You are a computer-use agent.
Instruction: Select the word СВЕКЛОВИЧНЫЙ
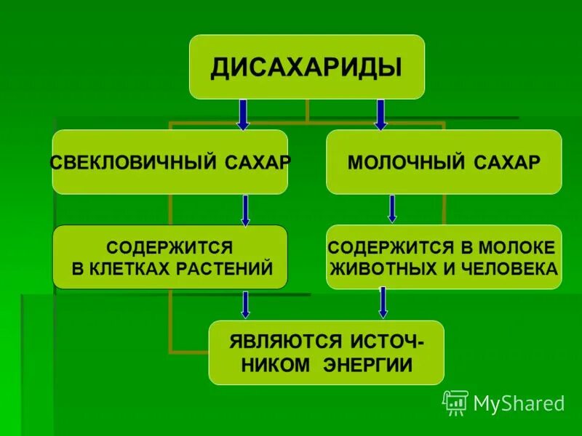pos(128,162)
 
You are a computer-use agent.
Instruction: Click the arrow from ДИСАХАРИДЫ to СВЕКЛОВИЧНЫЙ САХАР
pos(243,114)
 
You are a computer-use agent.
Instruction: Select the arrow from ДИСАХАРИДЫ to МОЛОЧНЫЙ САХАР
pos(380,114)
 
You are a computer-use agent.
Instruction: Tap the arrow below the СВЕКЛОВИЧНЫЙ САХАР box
pos(246,210)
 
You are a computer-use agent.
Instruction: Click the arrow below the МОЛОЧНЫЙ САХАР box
pos(392,209)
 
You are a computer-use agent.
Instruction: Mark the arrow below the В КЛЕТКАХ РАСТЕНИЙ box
pos(246,304)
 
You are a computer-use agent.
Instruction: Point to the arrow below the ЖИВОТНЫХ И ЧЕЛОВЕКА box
pos(383,302)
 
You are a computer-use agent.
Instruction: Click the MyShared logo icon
pos(455,403)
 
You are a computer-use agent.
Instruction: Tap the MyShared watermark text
pos(519,403)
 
